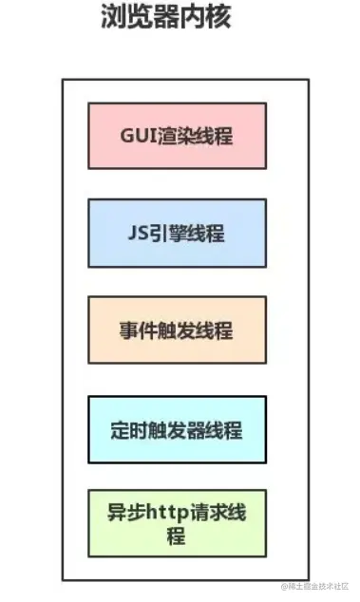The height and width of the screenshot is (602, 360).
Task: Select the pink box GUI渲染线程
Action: [x=177, y=136]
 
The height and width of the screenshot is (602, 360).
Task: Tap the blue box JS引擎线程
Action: [x=177, y=233]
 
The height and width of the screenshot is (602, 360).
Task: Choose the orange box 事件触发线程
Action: [x=177, y=329]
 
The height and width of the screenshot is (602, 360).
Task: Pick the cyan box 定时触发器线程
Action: [x=177, y=429]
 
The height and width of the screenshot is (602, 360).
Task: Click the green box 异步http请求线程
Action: [x=177, y=523]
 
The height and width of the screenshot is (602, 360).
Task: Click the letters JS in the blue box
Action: [x=138, y=233]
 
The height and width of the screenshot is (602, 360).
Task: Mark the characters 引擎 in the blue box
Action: [x=172, y=233]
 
